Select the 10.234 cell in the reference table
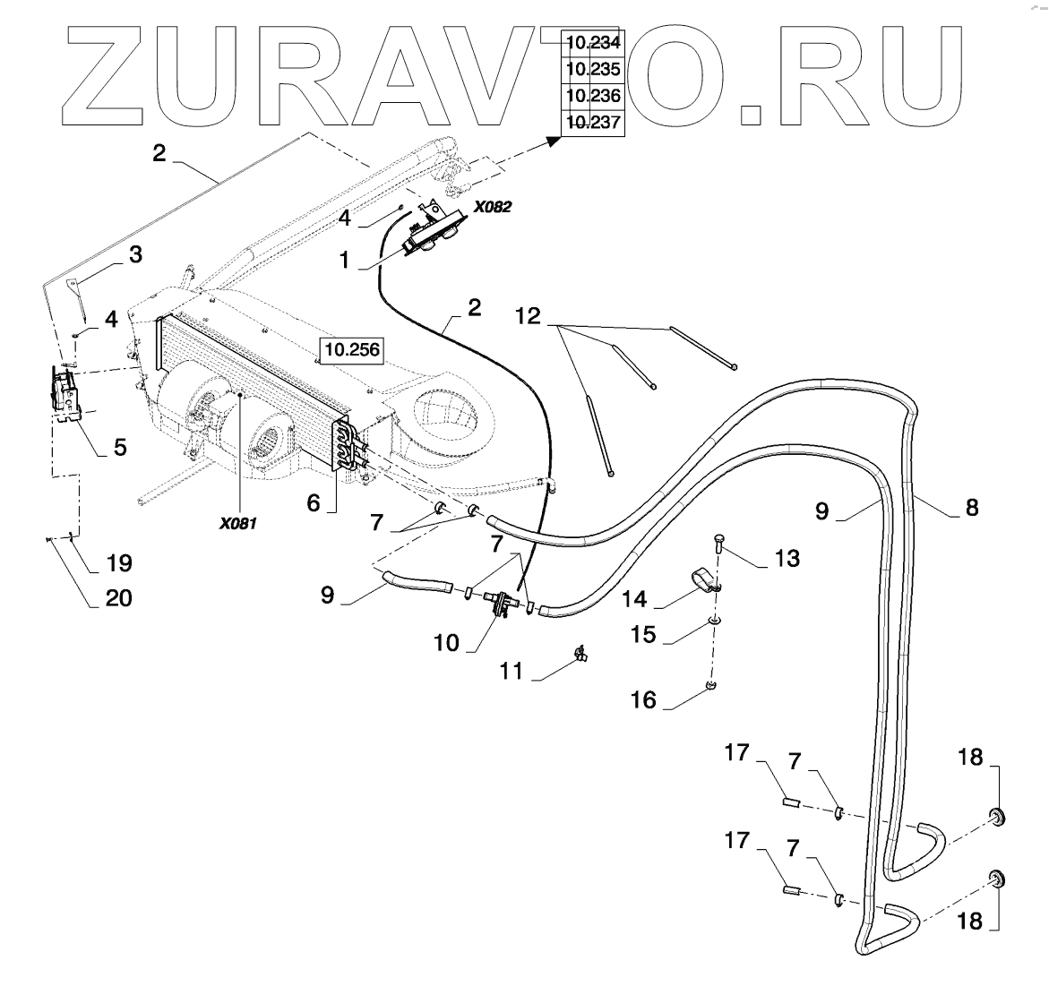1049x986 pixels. pyautogui.click(x=592, y=41)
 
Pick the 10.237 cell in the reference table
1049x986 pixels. pyautogui.click(x=592, y=123)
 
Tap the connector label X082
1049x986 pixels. pyautogui.click(x=492, y=206)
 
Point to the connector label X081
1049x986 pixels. pyautogui.click(x=238, y=523)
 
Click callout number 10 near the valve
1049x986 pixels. pyautogui.click(x=446, y=642)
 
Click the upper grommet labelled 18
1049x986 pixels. pyautogui.click(x=994, y=815)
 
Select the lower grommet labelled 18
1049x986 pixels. pyautogui.click(x=994, y=877)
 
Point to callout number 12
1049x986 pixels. pyautogui.click(x=528, y=316)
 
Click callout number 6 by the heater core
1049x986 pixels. pyautogui.click(x=313, y=502)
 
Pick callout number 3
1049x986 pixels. pyautogui.click(x=135, y=255)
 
